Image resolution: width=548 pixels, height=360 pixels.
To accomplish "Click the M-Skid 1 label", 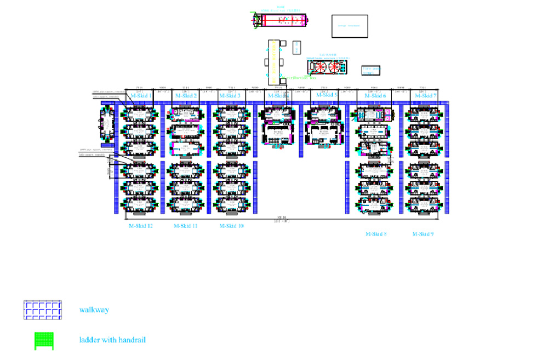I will tap(141, 96).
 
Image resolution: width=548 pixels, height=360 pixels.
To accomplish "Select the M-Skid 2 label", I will tap(186, 96).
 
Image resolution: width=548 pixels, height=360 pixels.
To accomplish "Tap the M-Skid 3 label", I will tap(230, 96).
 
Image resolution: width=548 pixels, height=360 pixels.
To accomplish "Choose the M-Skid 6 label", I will tap(374, 96).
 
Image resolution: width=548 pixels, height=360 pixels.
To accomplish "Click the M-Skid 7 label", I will tap(425, 96).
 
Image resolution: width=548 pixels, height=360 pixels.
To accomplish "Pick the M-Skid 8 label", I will tap(376, 234).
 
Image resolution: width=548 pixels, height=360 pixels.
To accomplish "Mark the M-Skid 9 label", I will tap(423, 234).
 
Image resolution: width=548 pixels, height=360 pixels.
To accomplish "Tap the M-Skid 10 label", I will tap(231, 226).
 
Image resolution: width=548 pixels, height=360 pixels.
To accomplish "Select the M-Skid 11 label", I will tap(186, 226).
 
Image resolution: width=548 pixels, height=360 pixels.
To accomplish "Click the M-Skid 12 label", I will tap(140, 226).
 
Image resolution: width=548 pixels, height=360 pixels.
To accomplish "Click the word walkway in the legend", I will tap(94, 310).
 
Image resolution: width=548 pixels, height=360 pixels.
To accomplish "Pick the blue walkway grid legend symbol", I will tap(42, 310).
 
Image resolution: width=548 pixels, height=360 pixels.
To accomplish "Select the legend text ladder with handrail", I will tap(112, 340).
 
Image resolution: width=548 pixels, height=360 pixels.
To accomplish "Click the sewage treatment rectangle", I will tap(350, 26).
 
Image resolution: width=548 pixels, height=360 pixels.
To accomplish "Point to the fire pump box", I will tap(371, 71).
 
